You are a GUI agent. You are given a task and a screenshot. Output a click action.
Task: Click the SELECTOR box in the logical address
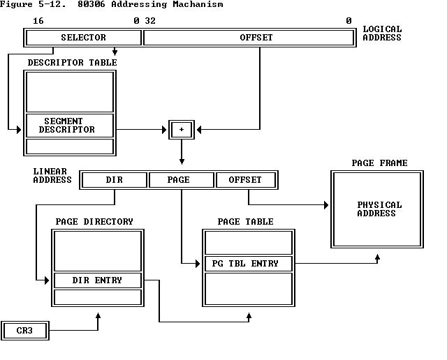coord(83,38)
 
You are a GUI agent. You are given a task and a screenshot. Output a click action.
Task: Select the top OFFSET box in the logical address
coord(249,38)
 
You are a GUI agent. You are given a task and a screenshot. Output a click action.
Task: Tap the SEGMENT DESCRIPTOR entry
coord(69,126)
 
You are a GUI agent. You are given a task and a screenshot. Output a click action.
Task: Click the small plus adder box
coord(182,129)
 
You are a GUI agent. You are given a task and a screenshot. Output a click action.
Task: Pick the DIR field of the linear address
coord(114,180)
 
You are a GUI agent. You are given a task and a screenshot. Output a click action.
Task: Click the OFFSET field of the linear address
coord(246,180)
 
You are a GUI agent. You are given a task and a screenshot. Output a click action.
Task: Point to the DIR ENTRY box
coord(97,280)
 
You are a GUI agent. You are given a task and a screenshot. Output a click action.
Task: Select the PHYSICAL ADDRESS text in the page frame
coord(379,209)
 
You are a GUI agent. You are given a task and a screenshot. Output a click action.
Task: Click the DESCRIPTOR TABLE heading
coord(72,63)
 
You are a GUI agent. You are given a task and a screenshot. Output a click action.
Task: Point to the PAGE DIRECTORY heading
coord(94,222)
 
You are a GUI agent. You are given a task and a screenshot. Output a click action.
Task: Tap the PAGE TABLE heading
coord(245,222)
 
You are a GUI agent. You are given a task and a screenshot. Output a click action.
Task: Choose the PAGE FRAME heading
coord(379,163)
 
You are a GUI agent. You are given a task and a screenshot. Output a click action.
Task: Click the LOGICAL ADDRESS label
coord(382,33)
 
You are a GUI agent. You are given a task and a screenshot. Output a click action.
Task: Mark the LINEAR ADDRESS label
coord(52,175)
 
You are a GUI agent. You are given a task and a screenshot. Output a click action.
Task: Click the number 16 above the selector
coord(38,21)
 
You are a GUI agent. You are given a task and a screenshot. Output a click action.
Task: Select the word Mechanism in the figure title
coord(199,4)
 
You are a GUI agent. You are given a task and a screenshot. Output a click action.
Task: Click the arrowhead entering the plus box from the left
coord(164,129)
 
